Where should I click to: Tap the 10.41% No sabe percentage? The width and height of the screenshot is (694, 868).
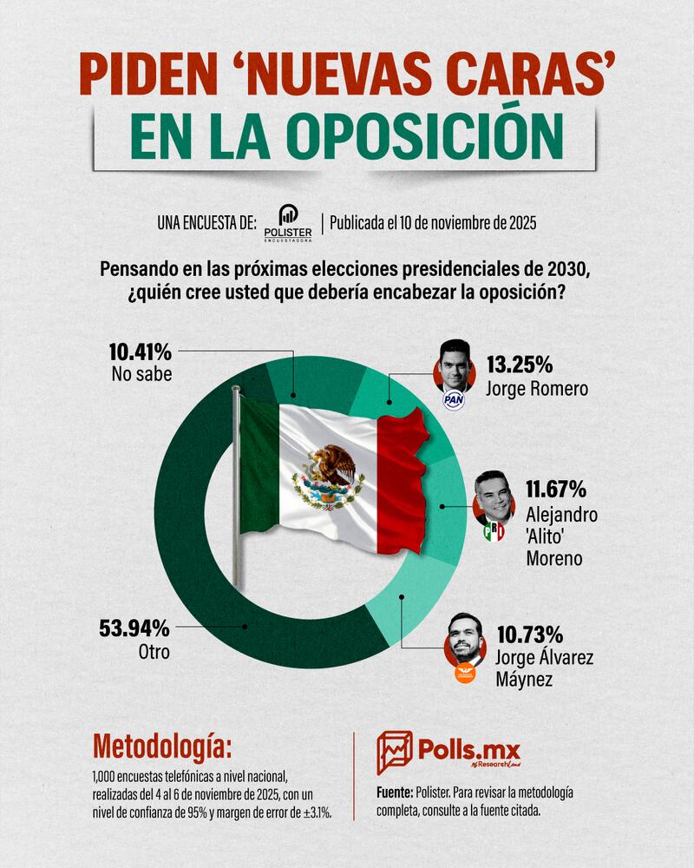140,353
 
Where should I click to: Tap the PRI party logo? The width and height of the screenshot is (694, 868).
494,530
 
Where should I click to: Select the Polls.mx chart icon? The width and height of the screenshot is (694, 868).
394,752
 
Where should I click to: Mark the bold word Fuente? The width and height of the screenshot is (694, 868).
399,793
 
